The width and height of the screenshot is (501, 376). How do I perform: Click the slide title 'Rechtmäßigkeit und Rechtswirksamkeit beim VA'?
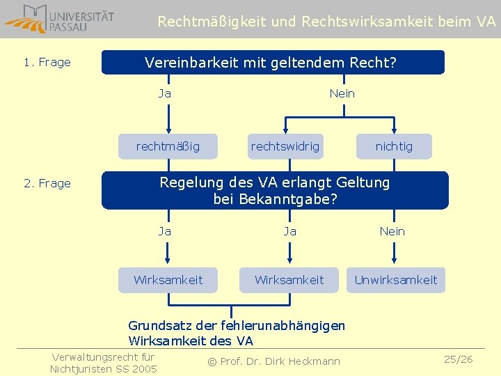(326, 22)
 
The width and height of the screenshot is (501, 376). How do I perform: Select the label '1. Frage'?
(47, 63)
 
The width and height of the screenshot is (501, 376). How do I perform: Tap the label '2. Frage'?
(47, 184)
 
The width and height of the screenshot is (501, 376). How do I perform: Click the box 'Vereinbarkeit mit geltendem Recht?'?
(271, 63)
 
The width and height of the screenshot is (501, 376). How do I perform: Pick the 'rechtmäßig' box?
(168, 146)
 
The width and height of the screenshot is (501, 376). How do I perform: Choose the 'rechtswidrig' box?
(285, 146)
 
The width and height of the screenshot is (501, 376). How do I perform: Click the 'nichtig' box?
(394, 146)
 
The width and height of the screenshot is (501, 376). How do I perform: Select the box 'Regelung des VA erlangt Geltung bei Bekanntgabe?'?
(275, 190)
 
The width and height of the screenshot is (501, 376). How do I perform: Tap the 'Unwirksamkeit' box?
(396, 280)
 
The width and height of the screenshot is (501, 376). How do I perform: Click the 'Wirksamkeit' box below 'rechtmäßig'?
(168, 280)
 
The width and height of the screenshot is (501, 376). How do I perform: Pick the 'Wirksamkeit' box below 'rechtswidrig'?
(289, 280)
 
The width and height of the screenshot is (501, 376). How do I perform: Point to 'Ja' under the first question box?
(165, 93)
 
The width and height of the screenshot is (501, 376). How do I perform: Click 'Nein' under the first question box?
(342, 93)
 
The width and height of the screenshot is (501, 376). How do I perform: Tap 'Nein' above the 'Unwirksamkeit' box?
(392, 231)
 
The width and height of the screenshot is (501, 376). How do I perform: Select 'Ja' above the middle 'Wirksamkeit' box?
(289, 231)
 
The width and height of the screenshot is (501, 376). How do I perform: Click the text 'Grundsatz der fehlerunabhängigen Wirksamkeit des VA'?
(237, 333)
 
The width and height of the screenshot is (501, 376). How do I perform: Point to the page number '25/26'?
(459, 359)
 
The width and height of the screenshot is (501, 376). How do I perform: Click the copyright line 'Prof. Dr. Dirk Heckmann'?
(274, 361)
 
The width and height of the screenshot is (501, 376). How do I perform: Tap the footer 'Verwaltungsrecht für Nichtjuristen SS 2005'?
(104, 363)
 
